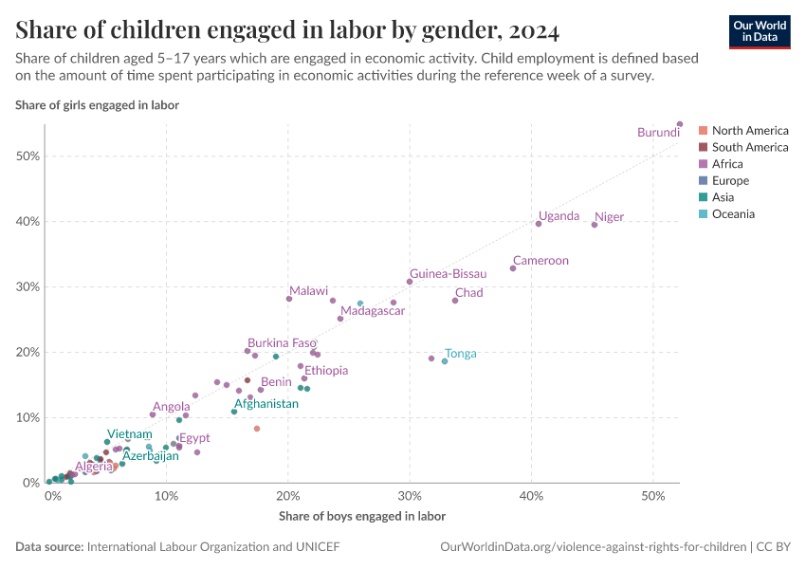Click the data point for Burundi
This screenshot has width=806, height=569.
680,124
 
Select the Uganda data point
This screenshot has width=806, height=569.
539,224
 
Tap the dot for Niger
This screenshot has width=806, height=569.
595,225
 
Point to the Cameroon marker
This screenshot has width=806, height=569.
513,268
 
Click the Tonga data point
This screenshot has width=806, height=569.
445,361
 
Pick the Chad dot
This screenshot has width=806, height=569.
455,301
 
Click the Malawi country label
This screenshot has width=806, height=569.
308,291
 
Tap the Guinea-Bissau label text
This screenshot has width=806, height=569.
448,274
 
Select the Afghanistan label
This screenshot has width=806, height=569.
266,404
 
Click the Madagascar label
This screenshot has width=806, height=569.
373,311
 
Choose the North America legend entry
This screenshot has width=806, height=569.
749,131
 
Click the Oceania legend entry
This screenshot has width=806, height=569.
733,214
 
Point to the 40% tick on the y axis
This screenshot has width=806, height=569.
29,222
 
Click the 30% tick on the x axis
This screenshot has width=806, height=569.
410,498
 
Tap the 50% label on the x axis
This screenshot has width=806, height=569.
652,498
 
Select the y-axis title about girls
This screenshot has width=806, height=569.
98,105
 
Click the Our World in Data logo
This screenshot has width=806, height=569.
760,31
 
